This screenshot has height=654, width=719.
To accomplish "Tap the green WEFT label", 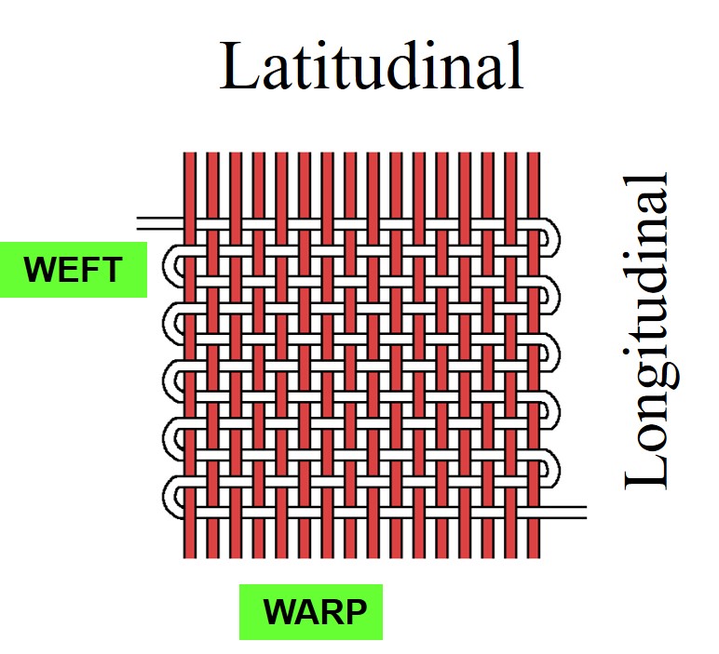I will click(73, 270).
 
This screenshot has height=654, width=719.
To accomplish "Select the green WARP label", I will click(310, 612).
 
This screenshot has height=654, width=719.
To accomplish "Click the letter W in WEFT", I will click(40, 270).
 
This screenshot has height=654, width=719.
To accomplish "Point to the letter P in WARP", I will click(355, 612).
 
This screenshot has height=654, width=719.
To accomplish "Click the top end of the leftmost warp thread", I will click(189, 156).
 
